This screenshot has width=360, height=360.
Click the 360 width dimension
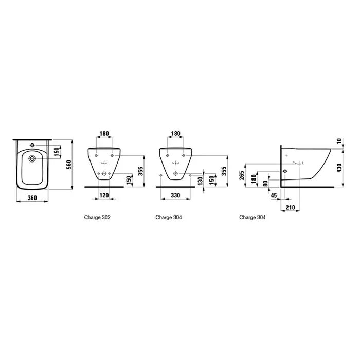click(x=32, y=197)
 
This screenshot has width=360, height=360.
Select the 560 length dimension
click(x=69, y=165)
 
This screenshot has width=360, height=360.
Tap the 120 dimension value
click(x=104, y=195)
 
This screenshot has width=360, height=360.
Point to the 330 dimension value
click(x=175, y=195)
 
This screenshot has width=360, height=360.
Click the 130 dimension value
click(x=200, y=181)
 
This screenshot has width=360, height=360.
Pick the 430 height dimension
click(x=339, y=168)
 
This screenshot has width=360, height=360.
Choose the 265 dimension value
click(x=242, y=175)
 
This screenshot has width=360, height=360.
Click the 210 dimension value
click(x=290, y=208)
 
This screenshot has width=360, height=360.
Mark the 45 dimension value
click(x=274, y=196)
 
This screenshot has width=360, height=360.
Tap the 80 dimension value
click(x=265, y=183)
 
